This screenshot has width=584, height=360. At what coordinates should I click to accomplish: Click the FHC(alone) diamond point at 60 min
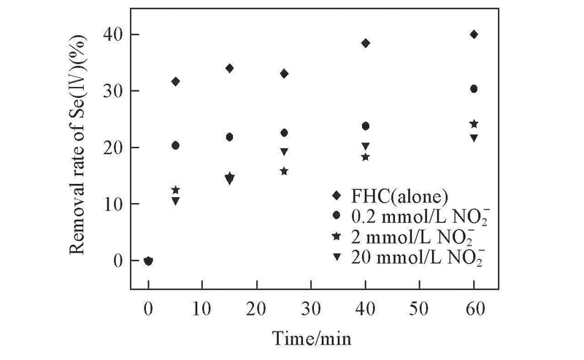click(x=474, y=34)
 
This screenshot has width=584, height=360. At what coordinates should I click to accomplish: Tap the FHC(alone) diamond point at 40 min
click(x=366, y=43)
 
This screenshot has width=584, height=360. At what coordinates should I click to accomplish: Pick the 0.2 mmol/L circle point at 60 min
click(x=474, y=88)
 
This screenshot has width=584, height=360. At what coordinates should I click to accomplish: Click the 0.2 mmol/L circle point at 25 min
click(x=284, y=133)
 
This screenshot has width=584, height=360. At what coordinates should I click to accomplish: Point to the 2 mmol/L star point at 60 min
click(x=474, y=124)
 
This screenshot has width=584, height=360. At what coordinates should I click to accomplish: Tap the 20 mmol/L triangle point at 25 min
click(x=284, y=152)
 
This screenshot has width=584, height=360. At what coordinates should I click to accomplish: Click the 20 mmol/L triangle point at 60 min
click(x=474, y=138)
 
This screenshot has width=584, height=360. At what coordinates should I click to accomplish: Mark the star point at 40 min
click(x=366, y=157)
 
